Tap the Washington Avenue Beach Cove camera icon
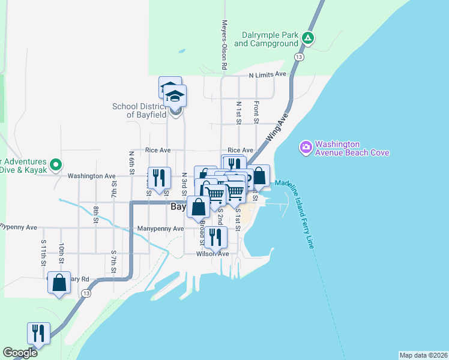click(306, 146)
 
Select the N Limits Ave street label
click(268, 74)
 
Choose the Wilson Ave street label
click(212, 254)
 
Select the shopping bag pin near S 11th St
click(59, 283)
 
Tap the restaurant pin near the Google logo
click(38, 332)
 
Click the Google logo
click(20, 353)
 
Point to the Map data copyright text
click(423, 355)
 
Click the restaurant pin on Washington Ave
click(159, 178)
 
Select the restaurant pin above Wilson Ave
click(215, 237)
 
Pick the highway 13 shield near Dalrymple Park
click(298, 56)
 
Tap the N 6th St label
click(131, 160)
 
